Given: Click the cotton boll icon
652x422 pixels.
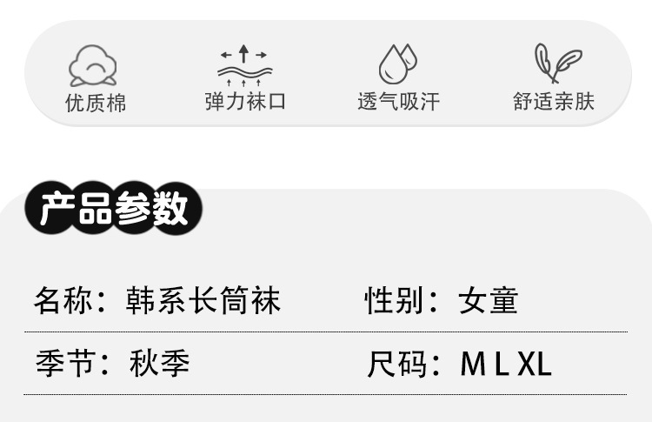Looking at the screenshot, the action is point(94,64).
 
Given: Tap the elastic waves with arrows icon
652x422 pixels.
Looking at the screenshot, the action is point(244,64).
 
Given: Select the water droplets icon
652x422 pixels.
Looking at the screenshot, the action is point(397,64).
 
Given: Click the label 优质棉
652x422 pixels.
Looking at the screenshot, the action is point(96,103).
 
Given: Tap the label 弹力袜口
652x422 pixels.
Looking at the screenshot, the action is point(245,102).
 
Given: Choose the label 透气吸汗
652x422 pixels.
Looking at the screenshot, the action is point(398,102).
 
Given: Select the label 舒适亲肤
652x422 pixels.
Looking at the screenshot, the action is point(554,102).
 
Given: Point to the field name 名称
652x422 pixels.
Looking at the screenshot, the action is point(60,301).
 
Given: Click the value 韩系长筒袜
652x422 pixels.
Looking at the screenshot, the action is point(205,301).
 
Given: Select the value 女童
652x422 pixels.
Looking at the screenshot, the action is point(489,301).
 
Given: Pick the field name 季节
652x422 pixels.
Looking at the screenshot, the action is point(60,363).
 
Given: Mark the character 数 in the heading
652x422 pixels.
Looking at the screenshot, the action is point(170,210).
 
